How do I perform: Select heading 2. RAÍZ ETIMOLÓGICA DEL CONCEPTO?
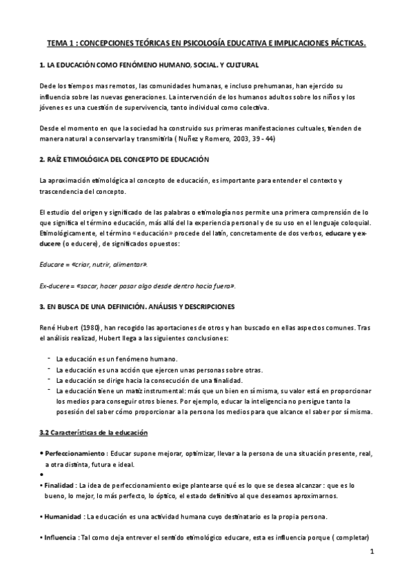(124, 159)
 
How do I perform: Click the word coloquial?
(352, 222)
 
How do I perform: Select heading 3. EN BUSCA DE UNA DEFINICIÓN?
(138, 306)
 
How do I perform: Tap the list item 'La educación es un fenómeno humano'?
(117, 359)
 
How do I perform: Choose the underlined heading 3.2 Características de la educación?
(100, 433)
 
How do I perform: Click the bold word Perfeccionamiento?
(75, 454)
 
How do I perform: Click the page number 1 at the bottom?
(371, 552)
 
